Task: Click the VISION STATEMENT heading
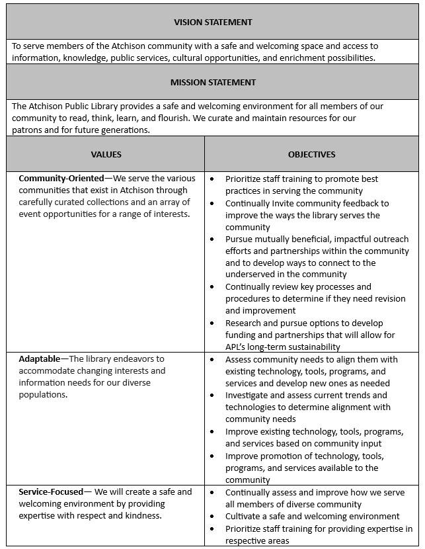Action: (212, 22)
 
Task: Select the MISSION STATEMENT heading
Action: (212, 82)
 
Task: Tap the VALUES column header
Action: (106, 154)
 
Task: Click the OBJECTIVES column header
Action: (311, 154)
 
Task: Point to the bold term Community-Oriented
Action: (61, 179)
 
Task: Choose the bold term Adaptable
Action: (40, 359)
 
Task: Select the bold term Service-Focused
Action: (51, 491)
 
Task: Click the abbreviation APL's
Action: (239, 347)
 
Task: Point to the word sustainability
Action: (312, 347)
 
